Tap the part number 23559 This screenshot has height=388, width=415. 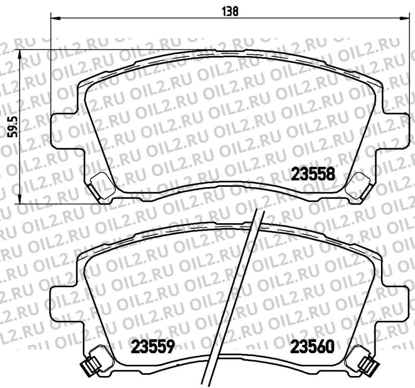pyautogui.click(x=152, y=346)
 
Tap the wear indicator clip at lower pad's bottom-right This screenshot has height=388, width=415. pyautogui.click(x=369, y=365)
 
